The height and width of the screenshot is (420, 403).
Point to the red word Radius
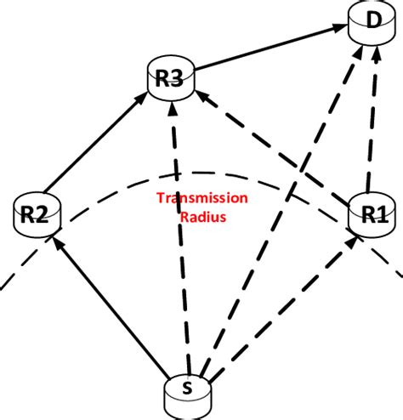[x=201, y=216]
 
